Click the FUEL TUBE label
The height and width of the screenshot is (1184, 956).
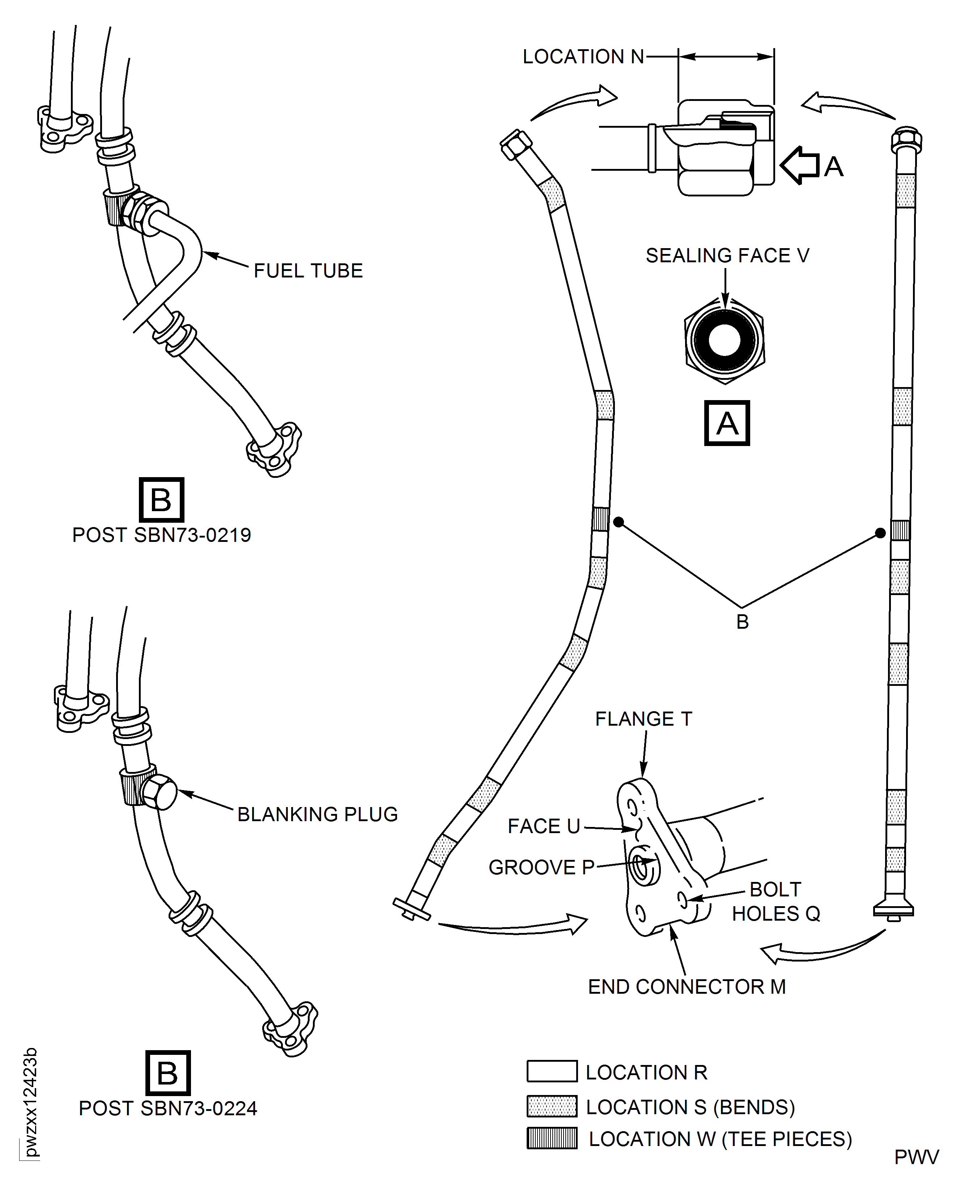coord(308,271)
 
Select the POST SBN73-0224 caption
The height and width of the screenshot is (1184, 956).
coord(168,1108)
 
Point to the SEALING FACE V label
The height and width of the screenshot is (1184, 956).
coord(727,255)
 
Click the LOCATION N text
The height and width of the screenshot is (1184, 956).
coord(583,57)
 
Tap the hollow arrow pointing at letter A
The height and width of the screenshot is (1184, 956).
coord(800,165)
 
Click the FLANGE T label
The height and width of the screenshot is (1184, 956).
coord(643,719)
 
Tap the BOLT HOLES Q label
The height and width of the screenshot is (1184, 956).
coord(776,901)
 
